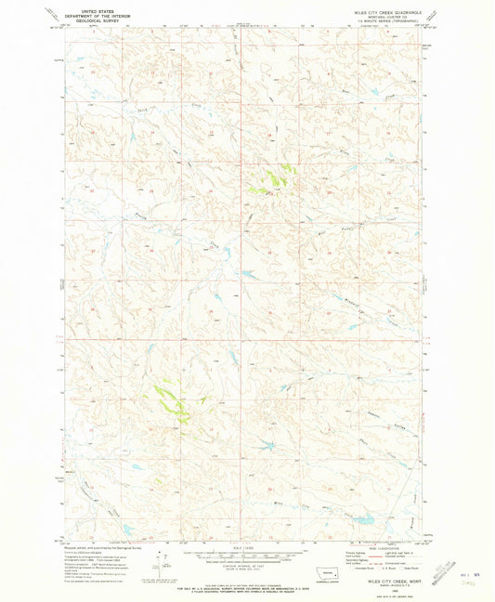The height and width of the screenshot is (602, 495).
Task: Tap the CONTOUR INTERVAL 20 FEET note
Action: [246, 568]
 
